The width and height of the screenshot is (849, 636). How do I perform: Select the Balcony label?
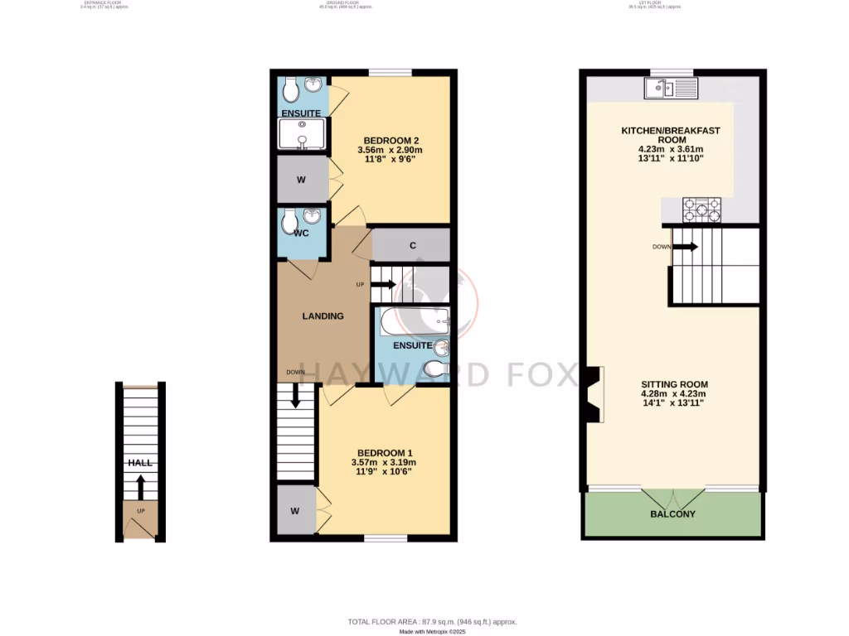[x=672, y=514]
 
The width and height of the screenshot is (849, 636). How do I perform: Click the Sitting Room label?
[x=674, y=384]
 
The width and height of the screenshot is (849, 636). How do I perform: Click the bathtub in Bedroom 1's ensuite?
[x=415, y=320]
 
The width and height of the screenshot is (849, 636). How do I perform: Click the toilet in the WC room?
[x=289, y=222]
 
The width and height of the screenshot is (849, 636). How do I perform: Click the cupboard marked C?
[x=412, y=245]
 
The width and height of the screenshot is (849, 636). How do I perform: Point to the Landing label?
[x=323, y=316]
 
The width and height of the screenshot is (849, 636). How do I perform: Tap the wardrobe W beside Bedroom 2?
[x=301, y=180]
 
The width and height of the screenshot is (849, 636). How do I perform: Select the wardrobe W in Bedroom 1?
[x=295, y=511]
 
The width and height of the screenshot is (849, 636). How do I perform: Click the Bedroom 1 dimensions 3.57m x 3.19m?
[x=385, y=462]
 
